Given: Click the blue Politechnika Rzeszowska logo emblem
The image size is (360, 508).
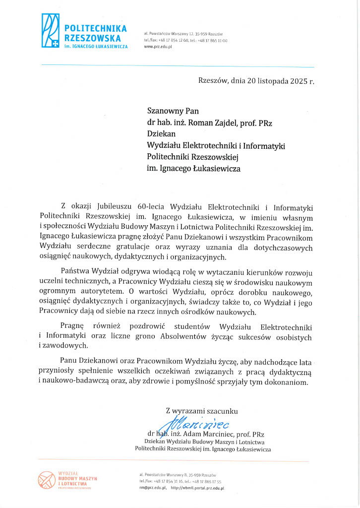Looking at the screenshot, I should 51,31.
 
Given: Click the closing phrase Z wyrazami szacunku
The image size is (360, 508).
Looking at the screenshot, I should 202,411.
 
